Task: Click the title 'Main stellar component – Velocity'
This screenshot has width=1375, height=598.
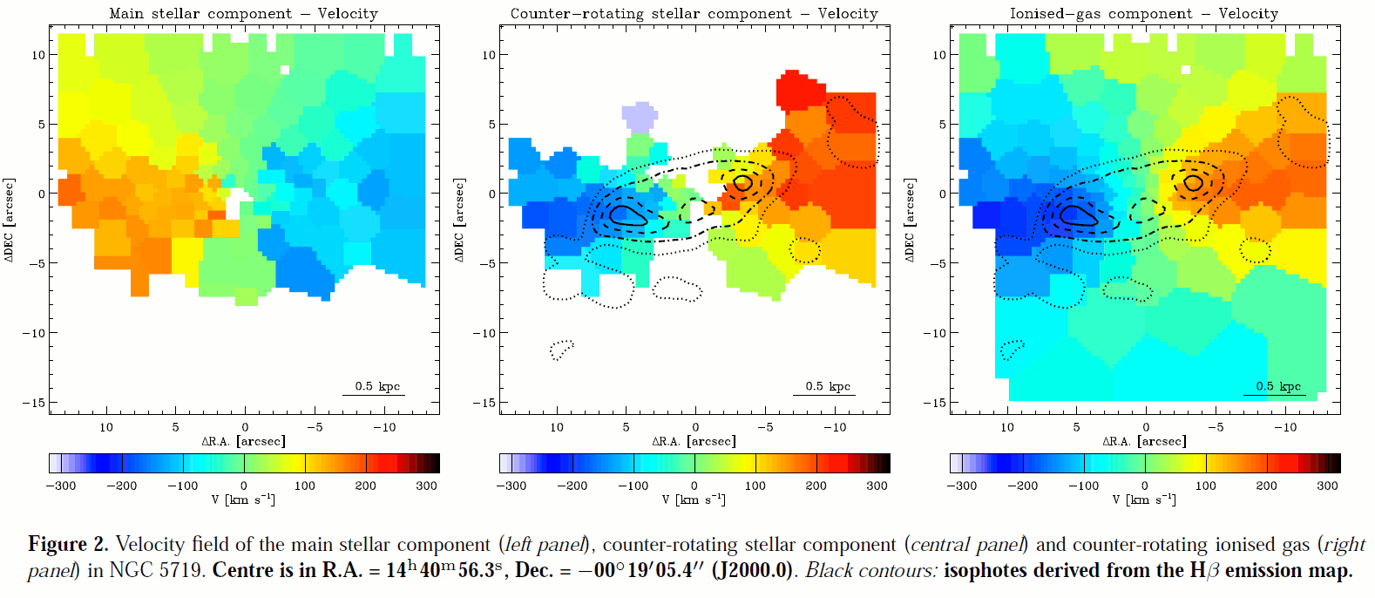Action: [243, 13]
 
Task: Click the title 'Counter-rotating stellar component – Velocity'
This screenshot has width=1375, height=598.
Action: [694, 13]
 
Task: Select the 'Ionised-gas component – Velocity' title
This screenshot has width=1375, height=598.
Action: [1143, 13]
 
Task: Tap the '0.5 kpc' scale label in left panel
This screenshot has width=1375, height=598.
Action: [377, 386]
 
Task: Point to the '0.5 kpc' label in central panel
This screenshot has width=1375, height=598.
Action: [828, 386]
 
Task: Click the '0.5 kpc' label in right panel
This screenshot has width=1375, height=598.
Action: [1278, 386]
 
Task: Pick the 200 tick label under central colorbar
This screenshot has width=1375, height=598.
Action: [816, 486]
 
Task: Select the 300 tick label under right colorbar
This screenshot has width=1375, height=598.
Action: [1327, 486]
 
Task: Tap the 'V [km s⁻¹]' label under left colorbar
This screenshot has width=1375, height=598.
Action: [243, 499]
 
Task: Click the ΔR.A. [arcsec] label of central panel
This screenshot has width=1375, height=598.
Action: [694, 441]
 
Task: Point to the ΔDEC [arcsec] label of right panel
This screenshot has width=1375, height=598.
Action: [910, 220]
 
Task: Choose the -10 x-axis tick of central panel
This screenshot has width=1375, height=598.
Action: [834, 427]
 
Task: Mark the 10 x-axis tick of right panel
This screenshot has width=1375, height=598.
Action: [1007, 427]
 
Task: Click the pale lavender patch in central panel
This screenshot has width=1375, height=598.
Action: [639, 117]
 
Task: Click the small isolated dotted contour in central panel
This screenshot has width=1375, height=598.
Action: [562, 350]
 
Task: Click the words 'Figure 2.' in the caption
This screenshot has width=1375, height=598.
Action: [68, 545]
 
